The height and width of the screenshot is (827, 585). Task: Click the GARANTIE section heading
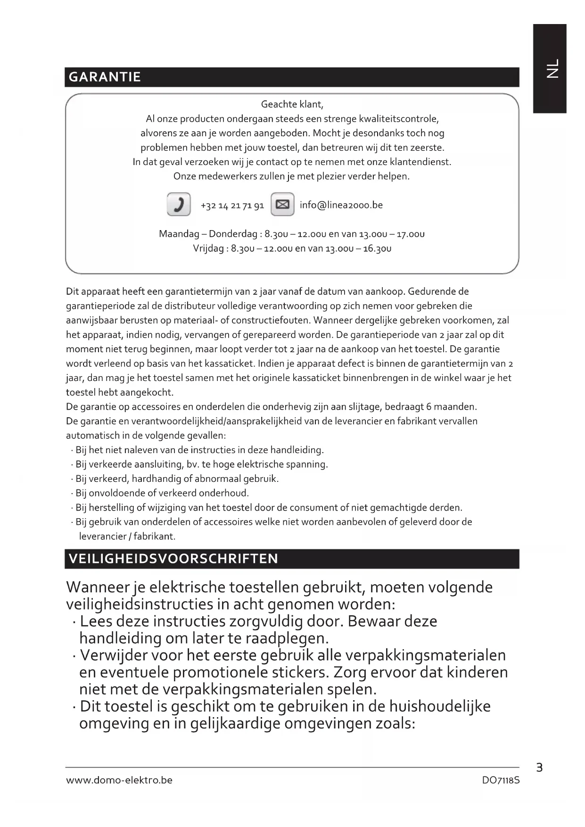[x=105, y=77]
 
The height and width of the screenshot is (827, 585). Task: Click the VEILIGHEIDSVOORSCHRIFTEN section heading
[x=173, y=559]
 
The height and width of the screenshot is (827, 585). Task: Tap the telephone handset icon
[x=179, y=205]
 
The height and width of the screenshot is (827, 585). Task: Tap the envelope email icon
[x=282, y=205]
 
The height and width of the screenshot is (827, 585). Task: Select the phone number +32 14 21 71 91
[x=232, y=206]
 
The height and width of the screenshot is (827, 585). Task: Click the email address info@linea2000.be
[x=341, y=205]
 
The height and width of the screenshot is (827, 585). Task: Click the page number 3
[x=539, y=768]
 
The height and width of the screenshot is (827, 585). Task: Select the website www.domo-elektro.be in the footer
[x=119, y=780]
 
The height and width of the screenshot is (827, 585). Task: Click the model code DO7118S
[x=501, y=780]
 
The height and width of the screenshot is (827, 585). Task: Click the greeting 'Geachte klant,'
[x=292, y=104]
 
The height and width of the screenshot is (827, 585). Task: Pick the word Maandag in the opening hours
[x=179, y=234]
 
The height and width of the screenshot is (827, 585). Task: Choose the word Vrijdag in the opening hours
[x=208, y=248]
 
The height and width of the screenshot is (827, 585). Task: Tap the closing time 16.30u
[x=377, y=248]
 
